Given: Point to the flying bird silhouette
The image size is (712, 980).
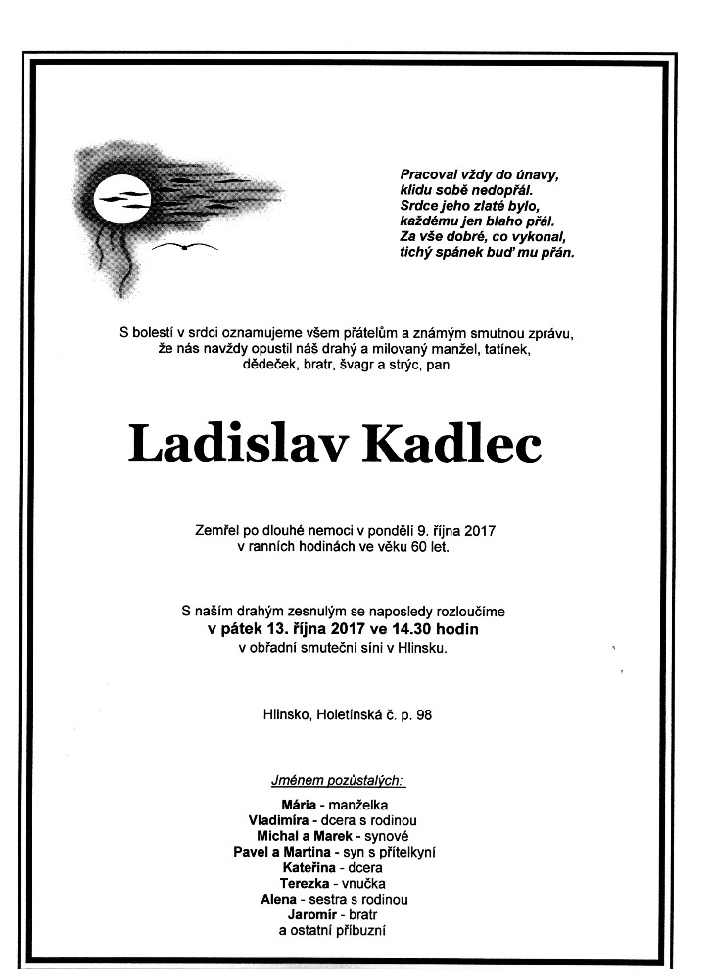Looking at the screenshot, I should pos(184,246).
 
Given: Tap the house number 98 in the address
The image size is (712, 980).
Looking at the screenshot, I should pos(423,715).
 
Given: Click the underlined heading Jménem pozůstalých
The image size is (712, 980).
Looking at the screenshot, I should pos(338,781).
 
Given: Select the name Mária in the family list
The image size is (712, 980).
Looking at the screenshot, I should pos(299,806).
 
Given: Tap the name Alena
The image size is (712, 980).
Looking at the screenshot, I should pos(280,899).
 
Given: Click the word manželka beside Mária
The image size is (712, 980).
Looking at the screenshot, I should pos(359,806).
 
